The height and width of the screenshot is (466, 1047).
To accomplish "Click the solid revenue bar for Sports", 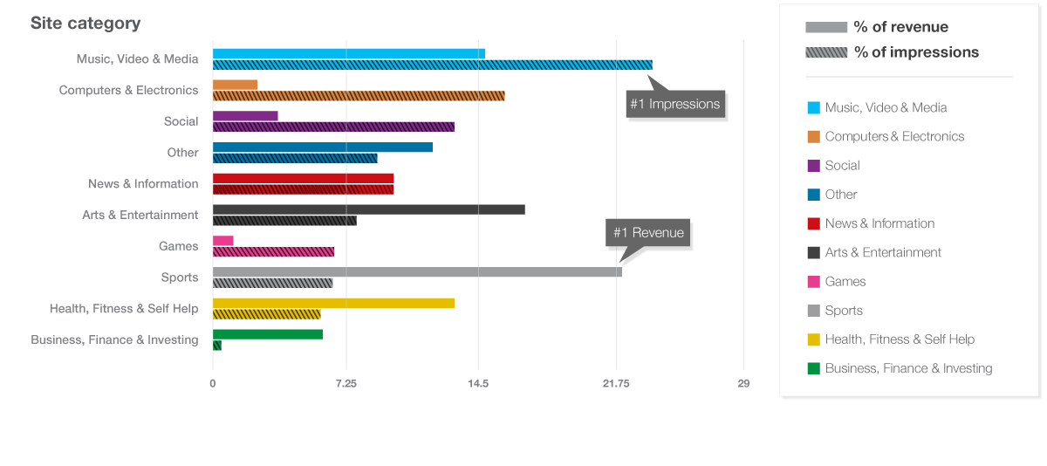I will pyautogui.click(x=417, y=272).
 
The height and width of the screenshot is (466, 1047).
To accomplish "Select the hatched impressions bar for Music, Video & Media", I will pyautogui.click(x=432, y=65).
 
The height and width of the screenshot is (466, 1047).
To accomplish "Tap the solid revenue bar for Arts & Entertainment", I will pyautogui.click(x=368, y=209).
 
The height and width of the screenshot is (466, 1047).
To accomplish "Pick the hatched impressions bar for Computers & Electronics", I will pyautogui.click(x=359, y=95).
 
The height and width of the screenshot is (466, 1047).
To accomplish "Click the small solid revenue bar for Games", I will pyautogui.click(x=223, y=241).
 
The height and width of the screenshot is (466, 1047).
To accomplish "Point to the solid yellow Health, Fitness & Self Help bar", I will pyautogui.click(x=333, y=303).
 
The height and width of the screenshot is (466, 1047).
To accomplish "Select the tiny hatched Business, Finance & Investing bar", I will pyautogui.click(x=217, y=346).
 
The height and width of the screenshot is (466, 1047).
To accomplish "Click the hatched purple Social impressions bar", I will pyautogui.click(x=333, y=127).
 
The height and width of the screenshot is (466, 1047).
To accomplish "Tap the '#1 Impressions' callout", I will pyautogui.click(x=675, y=104).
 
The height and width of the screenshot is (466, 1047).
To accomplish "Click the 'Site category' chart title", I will pyautogui.click(x=86, y=24).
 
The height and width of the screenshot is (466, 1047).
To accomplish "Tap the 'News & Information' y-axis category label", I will pyautogui.click(x=143, y=184).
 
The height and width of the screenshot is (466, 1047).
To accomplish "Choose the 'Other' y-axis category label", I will pyautogui.click(x=182, y=153).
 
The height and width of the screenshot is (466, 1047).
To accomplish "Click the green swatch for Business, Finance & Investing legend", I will pyautogui.click(x=813, y=368).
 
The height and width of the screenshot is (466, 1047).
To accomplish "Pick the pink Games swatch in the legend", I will pyautogui.click(x=813, y=281).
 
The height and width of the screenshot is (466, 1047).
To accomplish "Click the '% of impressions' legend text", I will pyautogui.click(x=916, y=52).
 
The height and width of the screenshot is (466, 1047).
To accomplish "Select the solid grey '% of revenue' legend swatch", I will pyautogui.click(x=826, y=27).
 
